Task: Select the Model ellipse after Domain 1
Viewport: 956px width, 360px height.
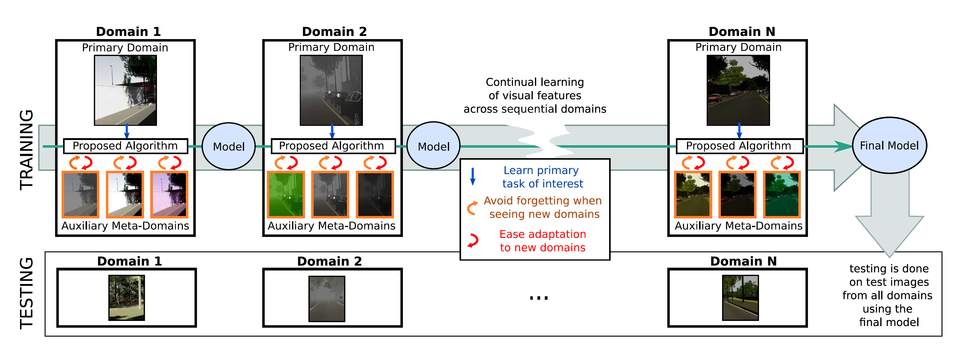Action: (229, 146)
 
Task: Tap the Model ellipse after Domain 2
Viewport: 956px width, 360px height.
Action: (433, 146)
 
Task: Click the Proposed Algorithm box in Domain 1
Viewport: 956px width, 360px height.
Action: (126, 146)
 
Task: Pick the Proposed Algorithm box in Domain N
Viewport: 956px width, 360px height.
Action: (739, 146)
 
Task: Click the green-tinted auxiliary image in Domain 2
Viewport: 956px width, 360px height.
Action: (286, 194)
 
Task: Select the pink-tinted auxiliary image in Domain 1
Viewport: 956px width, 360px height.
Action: (169, 194)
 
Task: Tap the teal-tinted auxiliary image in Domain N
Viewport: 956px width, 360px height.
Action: (781, 194)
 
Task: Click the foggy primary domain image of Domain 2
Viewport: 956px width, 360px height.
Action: (331, 90)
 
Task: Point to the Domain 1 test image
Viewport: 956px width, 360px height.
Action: (127, 298)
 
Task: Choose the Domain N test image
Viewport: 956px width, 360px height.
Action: (740, 298)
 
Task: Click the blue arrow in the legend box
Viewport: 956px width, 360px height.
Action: (473, 177)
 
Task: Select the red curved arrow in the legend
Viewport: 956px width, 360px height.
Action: (473, 241)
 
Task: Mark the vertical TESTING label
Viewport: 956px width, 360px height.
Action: (27, 293)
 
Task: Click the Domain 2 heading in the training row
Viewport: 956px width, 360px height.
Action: (334, 32)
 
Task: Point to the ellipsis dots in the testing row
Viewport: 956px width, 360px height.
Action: (539, 298)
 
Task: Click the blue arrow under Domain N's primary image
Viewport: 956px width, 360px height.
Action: (739, 131)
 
